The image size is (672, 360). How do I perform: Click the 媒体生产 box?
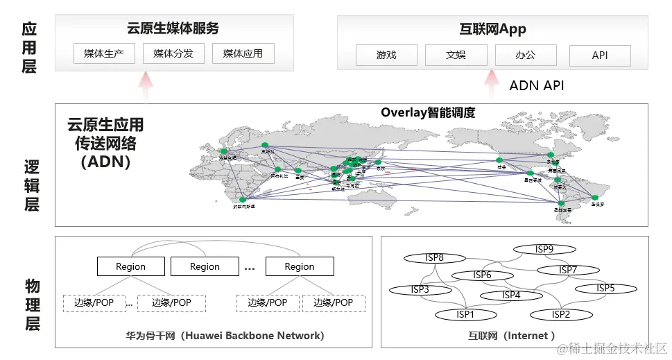104,53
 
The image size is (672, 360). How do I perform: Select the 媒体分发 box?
173,53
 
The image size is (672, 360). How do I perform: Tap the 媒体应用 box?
243,53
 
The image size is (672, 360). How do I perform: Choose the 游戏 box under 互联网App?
386,55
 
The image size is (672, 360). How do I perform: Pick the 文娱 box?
456,55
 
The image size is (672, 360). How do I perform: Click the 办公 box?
526,55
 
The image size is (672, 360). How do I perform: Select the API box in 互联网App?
600,55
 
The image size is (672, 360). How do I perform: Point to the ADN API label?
536,85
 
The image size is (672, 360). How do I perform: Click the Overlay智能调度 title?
428,112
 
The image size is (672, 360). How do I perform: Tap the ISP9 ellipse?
544,250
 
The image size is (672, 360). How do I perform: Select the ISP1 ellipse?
465,315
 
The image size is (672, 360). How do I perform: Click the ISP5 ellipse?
605,288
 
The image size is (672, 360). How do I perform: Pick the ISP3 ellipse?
420,290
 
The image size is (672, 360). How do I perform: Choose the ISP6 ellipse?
482,275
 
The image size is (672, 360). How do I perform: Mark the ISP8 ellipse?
435,258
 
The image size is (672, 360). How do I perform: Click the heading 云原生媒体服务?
173,28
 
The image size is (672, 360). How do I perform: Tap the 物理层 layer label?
32,305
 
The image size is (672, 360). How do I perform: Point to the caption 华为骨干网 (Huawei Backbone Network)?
225,336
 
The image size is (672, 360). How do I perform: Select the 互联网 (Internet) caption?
512,336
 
